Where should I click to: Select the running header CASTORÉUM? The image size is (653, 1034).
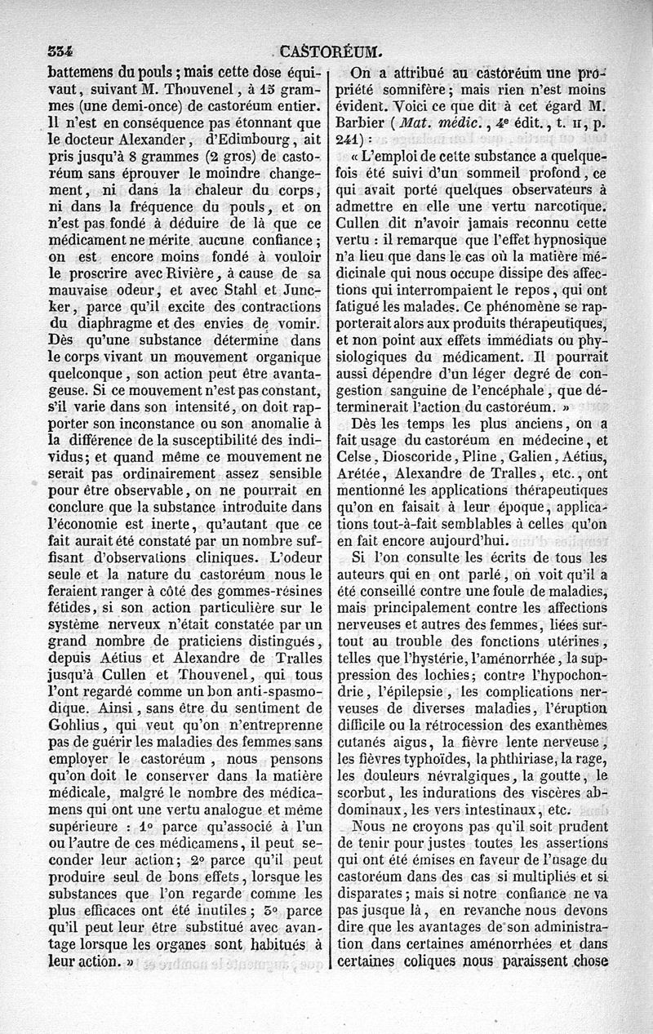click(x=326, y=51)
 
